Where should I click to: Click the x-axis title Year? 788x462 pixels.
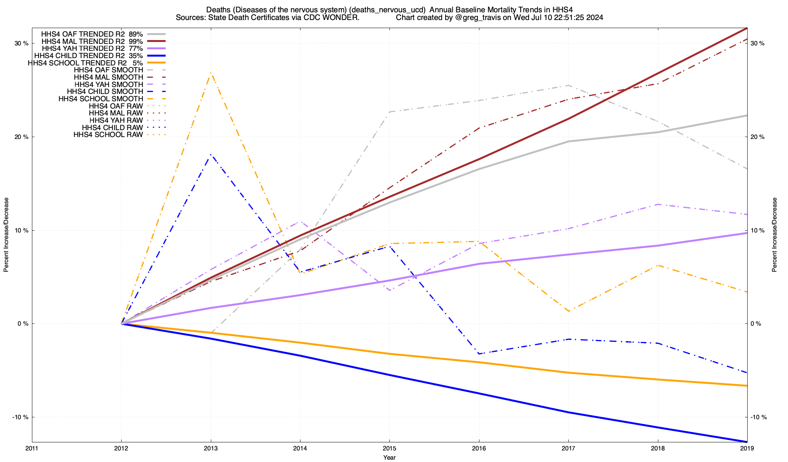(x=389, y=457)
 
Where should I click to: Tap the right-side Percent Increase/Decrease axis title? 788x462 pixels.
(x=775, y=235)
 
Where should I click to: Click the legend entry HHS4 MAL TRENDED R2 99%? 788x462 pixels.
(x=92, y=41)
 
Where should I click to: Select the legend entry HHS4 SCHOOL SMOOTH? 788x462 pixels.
(x=101, y=99)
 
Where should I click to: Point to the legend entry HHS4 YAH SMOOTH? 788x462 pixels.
(x=109, y=84)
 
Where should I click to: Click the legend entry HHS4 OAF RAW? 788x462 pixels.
(x=116, y=106)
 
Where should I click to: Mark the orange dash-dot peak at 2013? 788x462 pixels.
(x=211, y=72)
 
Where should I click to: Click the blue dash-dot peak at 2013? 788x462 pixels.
(x=211, y=154)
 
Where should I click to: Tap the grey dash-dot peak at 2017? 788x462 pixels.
(x=568, y=85)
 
